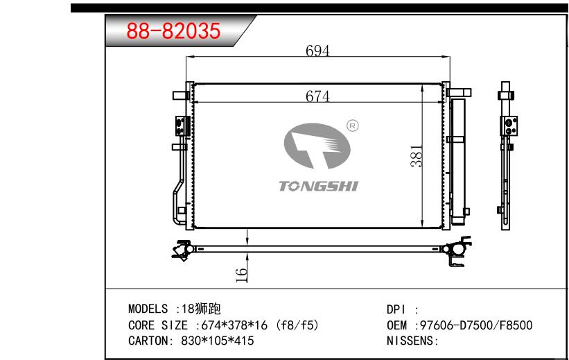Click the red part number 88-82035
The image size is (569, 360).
(173, 31)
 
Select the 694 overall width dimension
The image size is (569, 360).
(317, 51)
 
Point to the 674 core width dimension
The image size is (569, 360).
(317, 96)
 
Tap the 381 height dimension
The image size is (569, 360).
(417, 156)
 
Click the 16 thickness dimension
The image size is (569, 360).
(241, 275)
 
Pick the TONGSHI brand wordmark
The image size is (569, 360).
(318, 186)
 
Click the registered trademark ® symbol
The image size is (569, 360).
(353, 126)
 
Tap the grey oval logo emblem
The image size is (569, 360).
(317, 146)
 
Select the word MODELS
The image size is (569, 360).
(148, 309)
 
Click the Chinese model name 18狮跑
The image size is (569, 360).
(201, 309)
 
